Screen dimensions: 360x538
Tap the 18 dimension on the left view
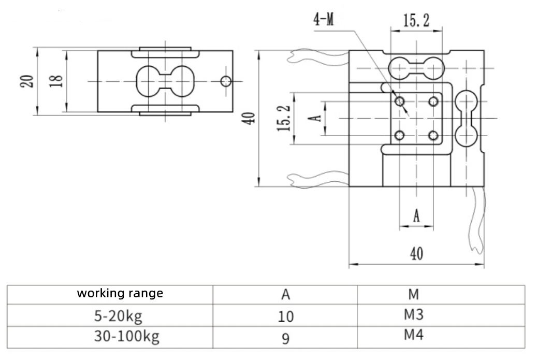57,81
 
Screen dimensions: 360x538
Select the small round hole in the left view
226,81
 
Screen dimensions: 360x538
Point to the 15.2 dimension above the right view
416,21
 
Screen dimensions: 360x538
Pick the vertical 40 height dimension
250,118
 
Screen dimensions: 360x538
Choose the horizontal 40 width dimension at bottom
417,254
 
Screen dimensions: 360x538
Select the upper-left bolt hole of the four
400,102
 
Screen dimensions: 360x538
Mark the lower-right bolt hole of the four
434,136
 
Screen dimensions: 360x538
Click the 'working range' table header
120,294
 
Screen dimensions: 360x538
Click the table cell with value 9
285,339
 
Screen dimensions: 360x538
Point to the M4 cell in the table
413,335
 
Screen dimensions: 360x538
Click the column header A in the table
285,295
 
